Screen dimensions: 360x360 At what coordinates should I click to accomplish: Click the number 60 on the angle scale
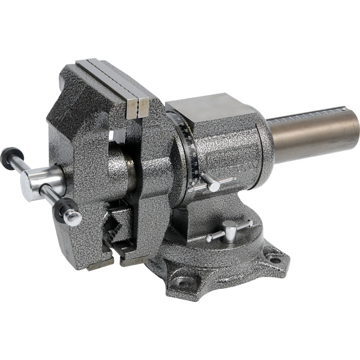point(193,154)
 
